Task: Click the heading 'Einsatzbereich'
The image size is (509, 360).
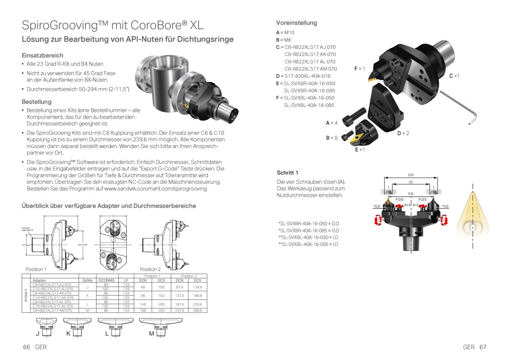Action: tap(42, 55)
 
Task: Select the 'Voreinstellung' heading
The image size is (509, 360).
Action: tap(296, 23)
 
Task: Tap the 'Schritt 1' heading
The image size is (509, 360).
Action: tap(288, 173)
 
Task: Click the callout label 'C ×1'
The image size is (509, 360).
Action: tap(454, 75)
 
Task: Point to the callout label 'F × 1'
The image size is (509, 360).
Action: tap(360, 68)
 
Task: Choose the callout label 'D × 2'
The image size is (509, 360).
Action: tap(403, 133)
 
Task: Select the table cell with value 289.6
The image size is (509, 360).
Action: tap(198, 310)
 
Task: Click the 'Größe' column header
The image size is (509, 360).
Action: tap(87, 280)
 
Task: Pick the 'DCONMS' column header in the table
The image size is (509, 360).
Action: tap(106, 280)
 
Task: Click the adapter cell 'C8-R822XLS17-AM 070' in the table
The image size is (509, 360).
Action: tap(52, 310)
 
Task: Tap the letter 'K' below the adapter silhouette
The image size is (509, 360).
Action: tap(69, 334)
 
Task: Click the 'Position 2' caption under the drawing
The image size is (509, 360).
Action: tap(151, 269)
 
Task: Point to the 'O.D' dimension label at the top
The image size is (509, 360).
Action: tap(411, 174)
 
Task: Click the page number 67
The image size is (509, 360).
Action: tap(483, 347)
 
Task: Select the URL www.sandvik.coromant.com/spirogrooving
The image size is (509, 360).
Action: tap(155, 188)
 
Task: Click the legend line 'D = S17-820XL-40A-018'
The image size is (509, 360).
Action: tap(303, 76)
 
